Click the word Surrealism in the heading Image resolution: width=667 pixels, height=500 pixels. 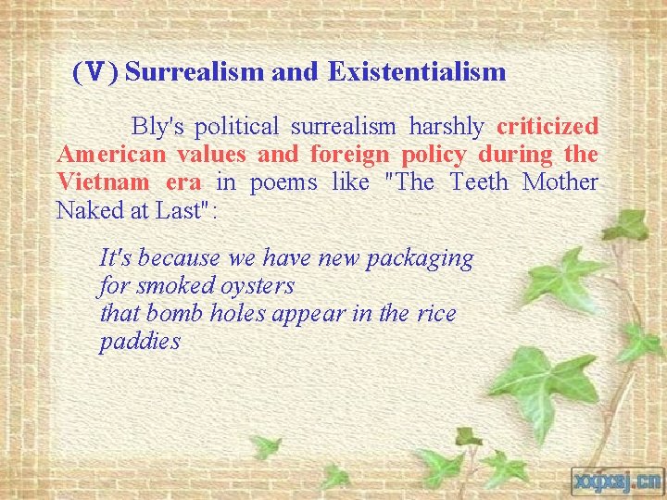pyautogui.click(x=195, y=72)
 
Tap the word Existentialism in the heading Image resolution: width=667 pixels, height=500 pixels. pyautogui.click(x=416, y=72)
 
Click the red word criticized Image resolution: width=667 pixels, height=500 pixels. pyautogui.click(x=547, y=126)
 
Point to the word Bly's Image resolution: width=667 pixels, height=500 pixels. pyautogui.click(x=158, y=126)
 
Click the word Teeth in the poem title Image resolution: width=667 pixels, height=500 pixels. pyautogui.click(x=479, y=181)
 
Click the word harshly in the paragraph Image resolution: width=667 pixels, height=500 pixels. pyautogui.click(x=447, y=126)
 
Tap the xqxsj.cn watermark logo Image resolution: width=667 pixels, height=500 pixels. pyautogui.click(x=615, y=480)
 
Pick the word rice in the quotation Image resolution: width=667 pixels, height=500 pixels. pyautogui.click(x=435, y=314)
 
